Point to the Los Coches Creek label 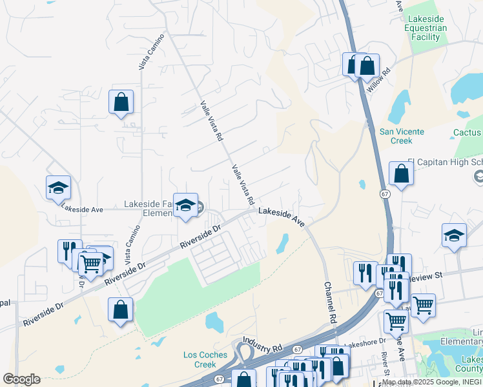(205, 359)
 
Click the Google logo (21, 379)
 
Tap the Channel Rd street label (331, 303)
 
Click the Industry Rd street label (263, 344)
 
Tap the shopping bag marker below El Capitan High (401, 174)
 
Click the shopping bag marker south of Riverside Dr (121, 310)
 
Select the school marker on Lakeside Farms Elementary (186, 206)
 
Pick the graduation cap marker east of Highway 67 (454, 235)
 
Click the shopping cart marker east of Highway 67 (423, 305)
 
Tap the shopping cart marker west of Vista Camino (91, 263)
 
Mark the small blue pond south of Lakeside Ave (282, 243)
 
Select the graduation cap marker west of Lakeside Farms (58, 188)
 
